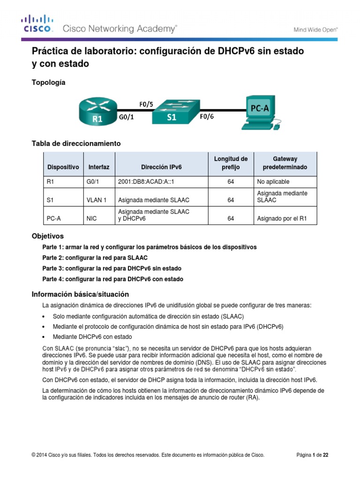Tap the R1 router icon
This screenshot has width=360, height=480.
coord(97,111)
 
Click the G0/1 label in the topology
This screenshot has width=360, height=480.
coord(126,118)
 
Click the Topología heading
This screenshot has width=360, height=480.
coord(48,82)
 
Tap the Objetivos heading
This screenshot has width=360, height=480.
coord(47,236)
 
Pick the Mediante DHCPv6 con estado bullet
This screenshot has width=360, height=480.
coord(92,337)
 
